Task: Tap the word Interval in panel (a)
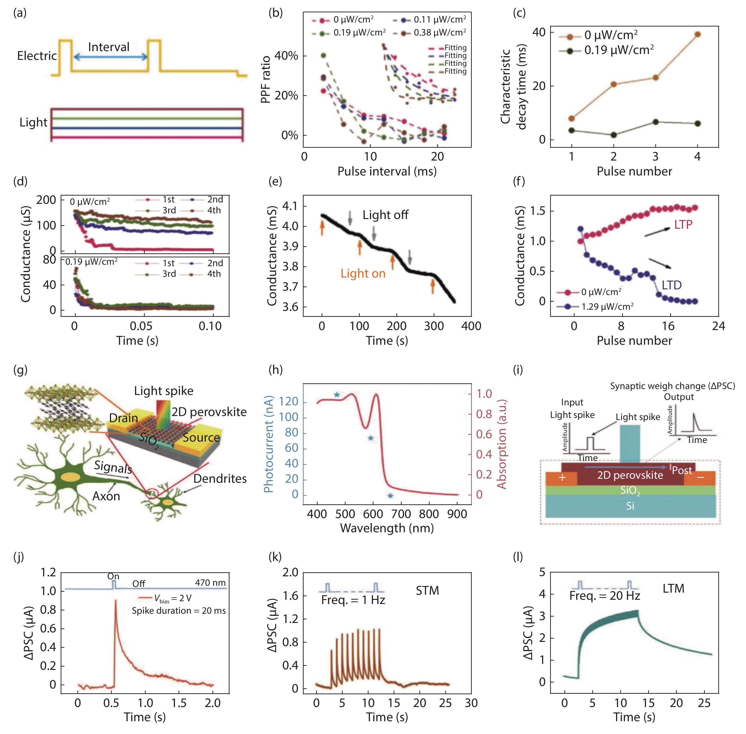click(x=109, y=47)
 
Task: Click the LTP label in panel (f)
click(x=683, y=224)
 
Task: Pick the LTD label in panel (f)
click(x=672, y=285)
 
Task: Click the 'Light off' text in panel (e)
click(x=385, y=215)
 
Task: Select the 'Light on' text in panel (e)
click(x=363, y=273)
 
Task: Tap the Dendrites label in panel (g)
click(x=220, y=479)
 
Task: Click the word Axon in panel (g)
click(x=106, y=496)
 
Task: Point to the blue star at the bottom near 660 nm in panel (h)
click(x=390, y=496)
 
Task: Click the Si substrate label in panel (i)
click(x=630, y=506)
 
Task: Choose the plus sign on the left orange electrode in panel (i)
click(x=562, y=478)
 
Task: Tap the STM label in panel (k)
click(x=427, y=591)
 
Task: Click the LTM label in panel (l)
click(x=673, y=589)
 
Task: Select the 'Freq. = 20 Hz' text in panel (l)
click(x=605, y=596)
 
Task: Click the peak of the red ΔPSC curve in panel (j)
click(x=115, y=601)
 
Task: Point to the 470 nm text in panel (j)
click(x=210, y=582)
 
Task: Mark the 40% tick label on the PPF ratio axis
click(x=286, y=56)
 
